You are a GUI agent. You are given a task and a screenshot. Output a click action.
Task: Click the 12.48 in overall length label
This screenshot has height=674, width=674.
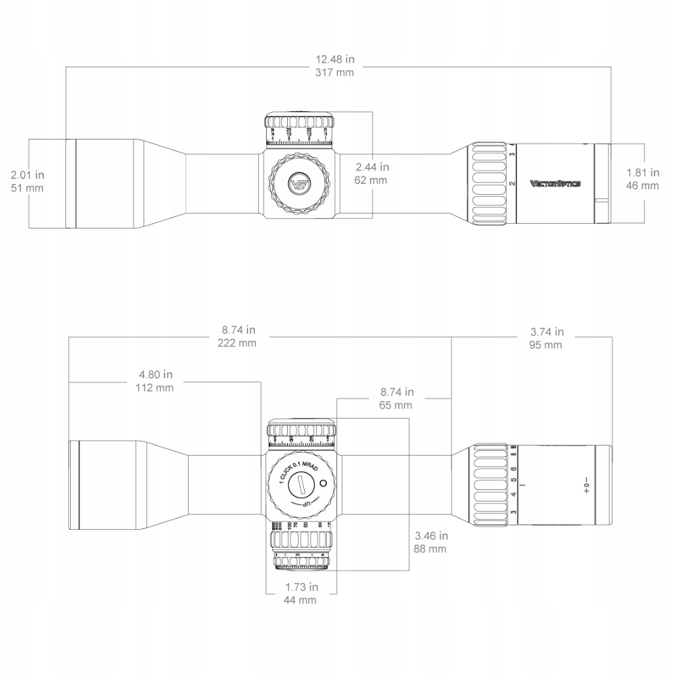334,59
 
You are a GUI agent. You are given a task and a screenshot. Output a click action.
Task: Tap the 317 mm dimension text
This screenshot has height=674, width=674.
334,72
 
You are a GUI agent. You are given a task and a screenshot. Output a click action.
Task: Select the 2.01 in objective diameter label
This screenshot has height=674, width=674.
28,175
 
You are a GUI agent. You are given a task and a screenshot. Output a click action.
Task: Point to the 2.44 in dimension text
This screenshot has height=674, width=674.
372,167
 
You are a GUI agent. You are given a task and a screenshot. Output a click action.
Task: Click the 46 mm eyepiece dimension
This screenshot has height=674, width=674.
642,185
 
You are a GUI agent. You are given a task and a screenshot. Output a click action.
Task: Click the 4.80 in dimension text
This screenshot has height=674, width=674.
156,375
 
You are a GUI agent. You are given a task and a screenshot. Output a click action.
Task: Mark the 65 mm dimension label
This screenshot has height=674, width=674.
396,404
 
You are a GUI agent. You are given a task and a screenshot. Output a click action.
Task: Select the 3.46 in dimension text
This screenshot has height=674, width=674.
431,537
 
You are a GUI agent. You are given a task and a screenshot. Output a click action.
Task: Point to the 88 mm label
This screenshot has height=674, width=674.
431,549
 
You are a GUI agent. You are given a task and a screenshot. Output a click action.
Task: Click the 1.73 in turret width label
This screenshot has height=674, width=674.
300,588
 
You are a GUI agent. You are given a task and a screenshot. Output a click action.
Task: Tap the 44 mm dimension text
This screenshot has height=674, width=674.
300,600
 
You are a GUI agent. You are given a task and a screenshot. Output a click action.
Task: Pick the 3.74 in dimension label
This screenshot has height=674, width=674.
547,332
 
